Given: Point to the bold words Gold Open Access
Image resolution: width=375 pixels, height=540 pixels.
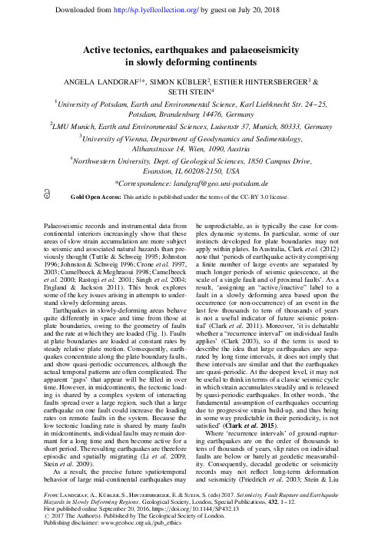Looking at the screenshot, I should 87,197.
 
